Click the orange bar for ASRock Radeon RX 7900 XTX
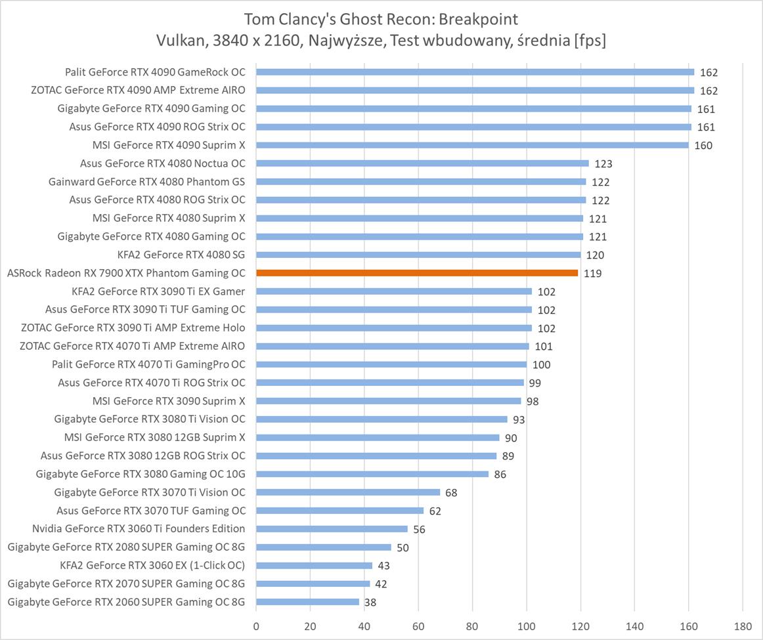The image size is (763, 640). pos(417,273)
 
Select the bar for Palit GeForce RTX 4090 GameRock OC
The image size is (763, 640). pos(475,72)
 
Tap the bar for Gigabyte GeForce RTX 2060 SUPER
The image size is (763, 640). pos(307,602)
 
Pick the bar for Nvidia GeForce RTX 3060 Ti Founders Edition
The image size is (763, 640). pos(332,529)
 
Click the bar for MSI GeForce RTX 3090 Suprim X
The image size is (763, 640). pos(388,401)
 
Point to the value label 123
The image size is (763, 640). pos(603,164)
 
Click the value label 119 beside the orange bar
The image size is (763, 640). pos(592,274)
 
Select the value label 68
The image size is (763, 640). pos(451,493)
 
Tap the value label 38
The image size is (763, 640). pos(370,603)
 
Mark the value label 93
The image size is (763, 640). pos(519,420)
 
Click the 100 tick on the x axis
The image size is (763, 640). pos(527,626)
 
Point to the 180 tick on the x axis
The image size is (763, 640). pos(743,626)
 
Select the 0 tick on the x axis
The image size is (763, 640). pos(256,626)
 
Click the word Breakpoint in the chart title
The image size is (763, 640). pos(475,19)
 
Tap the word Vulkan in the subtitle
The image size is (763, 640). pos(179,41)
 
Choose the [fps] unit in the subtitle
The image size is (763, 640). pos(590,41)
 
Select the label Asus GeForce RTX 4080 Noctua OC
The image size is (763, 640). pos(163,163)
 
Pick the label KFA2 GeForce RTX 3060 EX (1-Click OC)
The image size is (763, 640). pos(152,565)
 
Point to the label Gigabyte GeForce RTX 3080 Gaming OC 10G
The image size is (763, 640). pos(141,474)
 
